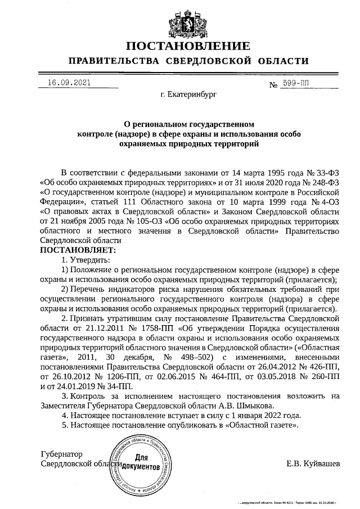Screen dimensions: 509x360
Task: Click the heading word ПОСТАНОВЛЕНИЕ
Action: point(187,46)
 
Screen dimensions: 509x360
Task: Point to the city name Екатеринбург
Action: point(188,96)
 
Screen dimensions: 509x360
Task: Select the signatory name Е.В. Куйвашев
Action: point(313,463)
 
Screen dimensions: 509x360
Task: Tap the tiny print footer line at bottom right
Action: point(287,503)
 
